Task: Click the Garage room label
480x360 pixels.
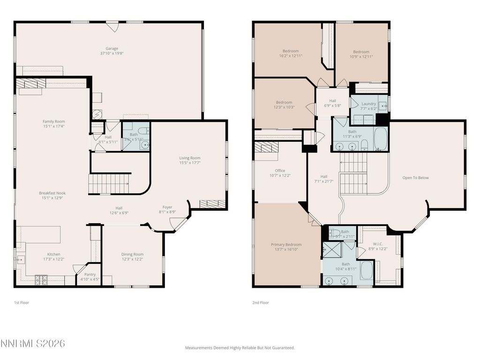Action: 112,48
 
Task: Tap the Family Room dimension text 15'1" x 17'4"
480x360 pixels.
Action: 53,127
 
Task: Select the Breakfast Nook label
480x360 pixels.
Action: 52,193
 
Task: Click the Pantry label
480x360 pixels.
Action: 90,274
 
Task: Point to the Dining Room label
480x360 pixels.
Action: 132,254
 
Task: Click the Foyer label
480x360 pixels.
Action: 167,207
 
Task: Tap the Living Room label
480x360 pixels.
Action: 190,158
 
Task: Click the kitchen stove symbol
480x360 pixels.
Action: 41,280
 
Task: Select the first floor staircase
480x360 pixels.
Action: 109,183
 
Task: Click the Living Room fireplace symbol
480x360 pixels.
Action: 212,203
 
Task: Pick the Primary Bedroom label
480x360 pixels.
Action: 286,244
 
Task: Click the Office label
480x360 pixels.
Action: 280,171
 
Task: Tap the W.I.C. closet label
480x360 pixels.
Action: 378,243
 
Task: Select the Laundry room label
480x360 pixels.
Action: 369,104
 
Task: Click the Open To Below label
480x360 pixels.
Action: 415,178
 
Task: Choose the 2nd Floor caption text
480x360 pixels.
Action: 261,303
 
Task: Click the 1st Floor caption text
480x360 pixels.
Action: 22,303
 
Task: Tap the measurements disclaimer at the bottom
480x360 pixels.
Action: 240,348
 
